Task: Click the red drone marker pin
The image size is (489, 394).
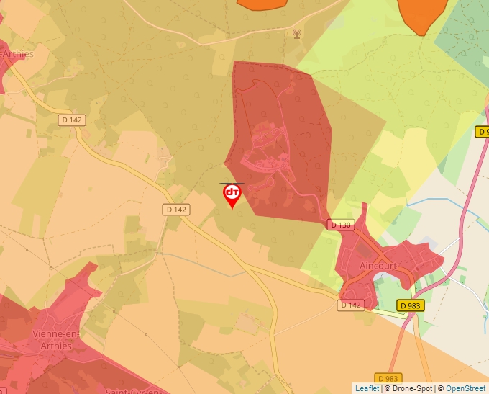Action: [232, 194]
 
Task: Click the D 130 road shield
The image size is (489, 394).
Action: [342, 225]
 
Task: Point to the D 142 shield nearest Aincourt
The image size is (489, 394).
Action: [350, 305]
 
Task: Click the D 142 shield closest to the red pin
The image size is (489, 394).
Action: [175, 210]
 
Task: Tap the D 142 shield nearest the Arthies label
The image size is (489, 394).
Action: [71, 120]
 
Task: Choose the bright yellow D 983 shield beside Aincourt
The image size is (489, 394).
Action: [409, 305]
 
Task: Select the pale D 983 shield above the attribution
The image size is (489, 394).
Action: [387, 378]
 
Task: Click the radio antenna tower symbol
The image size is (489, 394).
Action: [296, 33]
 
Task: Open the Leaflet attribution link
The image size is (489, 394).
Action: [367, 388]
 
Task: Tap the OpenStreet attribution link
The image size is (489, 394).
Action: [467, 388]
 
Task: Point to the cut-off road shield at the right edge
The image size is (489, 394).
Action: [482, 132]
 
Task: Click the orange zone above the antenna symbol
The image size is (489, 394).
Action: [261, 4]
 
